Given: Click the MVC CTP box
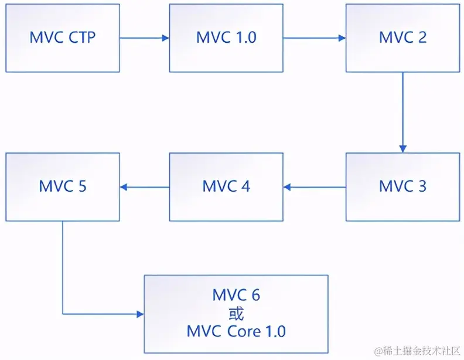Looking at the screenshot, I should (62, 38).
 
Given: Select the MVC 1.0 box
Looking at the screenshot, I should (226, 38).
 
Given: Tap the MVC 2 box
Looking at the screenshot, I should (402, 38).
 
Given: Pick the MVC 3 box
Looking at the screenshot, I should (402, 187).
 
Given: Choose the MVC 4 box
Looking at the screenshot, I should (226, 187).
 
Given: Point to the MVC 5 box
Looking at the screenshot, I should (62, 187).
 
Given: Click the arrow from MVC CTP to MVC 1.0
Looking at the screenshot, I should (144, 39).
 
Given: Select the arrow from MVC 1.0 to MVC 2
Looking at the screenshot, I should (315, 39).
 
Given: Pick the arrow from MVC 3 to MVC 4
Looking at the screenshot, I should (315, 188).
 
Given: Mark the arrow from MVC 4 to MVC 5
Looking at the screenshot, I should (144, 188).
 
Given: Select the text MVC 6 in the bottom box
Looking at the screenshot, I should (236, 295).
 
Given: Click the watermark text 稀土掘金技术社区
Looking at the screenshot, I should (421, 350).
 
